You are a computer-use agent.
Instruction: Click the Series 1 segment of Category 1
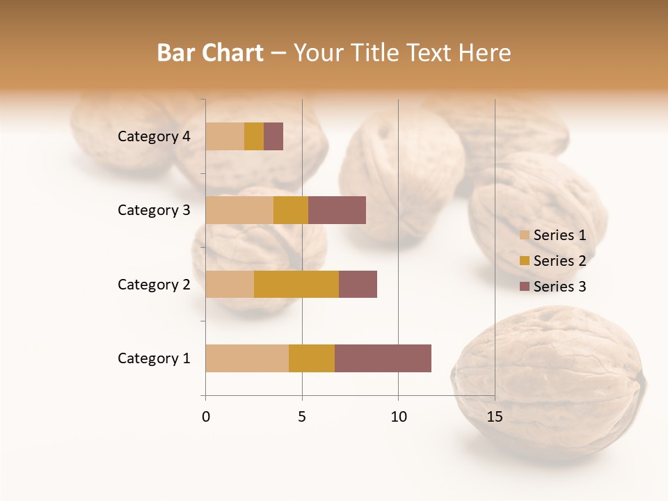click(x=247, y=358)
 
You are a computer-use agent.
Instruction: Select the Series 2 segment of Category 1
click(x=312, y=358)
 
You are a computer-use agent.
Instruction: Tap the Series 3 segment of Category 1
click(x=383, y=358)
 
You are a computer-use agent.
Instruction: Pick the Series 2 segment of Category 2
click(x=296, y=284)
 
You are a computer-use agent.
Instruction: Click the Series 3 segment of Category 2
click(x=358, y=284)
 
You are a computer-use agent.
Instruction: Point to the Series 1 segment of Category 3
click(x=239, y=210)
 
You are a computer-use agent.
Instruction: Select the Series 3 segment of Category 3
click(x=337, y=210)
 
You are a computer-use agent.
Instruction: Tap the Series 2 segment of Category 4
click(x=254, y=136)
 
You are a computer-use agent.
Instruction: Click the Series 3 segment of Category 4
click(x=273, y=136)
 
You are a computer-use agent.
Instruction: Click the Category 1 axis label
click(x=154, y=358)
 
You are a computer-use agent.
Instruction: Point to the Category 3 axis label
click(x=154, y=210)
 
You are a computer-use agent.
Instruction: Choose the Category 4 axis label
click(x=154, y=136)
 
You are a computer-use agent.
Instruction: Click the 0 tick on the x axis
click(x=206, y=417)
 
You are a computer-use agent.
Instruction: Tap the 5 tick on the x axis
click(x=302, y=417)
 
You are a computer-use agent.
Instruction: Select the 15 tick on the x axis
click(x=494, y=417)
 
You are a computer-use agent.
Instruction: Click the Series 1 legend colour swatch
click(x=525, y=235)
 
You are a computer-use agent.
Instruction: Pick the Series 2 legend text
click(x=559, y=261)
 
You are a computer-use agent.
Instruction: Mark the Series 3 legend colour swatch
click(x=525, y=287)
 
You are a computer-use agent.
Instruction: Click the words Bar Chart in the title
click(x=210, y=53)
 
